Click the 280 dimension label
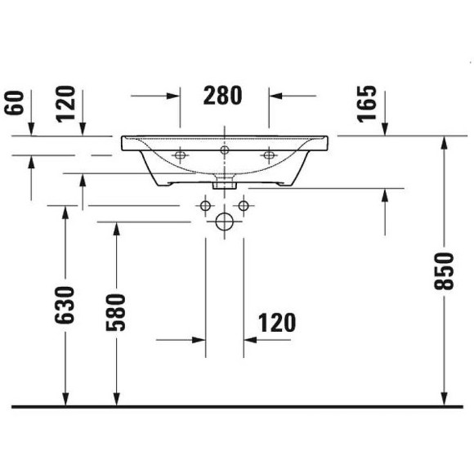223,96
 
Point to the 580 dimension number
116,311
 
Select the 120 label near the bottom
276,323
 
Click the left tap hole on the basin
180,154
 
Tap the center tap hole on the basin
224,150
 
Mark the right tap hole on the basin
268,154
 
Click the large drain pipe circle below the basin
224,221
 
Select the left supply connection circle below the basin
205,205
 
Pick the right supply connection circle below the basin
243,205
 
